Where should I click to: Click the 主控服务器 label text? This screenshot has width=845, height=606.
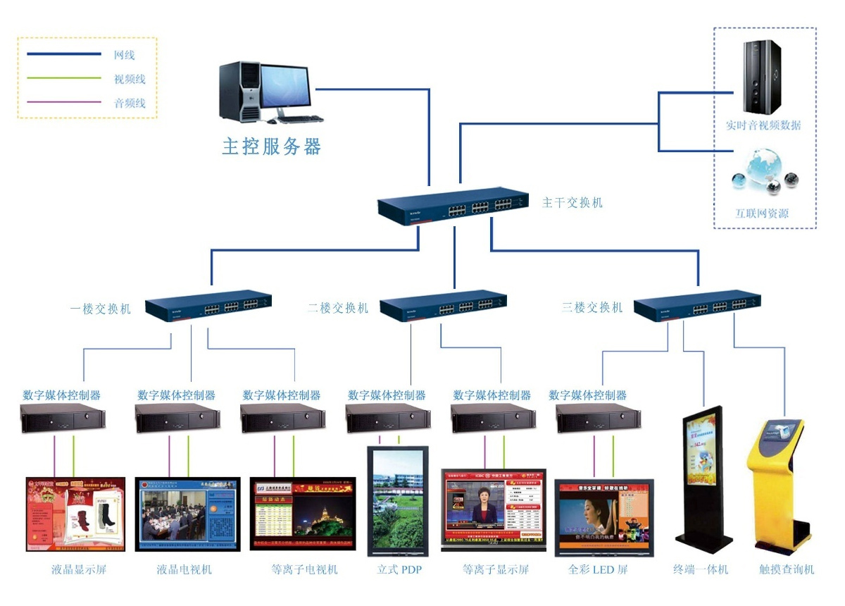[272, 147]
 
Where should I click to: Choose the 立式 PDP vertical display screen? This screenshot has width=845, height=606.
[398, 500]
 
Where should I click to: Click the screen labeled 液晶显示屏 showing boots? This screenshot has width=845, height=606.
[75, 514]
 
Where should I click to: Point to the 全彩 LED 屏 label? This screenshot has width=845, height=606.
[597, 569]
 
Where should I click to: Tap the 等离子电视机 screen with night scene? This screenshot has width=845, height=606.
[303, 514]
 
